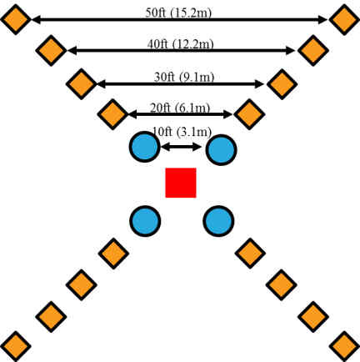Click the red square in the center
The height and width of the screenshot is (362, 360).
coord(180,183)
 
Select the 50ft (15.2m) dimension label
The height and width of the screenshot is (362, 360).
coord(180,13)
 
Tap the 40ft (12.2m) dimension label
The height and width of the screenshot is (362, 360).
coord(180,43)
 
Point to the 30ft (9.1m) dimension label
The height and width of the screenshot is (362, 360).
coord(180,77)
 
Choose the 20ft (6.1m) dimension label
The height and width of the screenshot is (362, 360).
coord(180,107)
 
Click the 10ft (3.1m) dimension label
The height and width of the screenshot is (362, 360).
coord(181,131)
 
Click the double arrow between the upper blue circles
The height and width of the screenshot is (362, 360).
coord(181,147)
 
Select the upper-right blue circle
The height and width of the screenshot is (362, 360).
coord(221,150)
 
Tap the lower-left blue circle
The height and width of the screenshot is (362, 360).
coord(145,221)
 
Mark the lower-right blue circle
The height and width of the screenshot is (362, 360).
coord(218,221)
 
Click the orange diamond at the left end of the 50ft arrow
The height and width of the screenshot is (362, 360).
coord(15,18)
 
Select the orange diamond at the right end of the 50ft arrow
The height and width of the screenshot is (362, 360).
coord(344,18)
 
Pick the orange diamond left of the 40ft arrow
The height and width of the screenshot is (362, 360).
coord(51,50)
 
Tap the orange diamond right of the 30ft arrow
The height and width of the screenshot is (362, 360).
coord(282,83)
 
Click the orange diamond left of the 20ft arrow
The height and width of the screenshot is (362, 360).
coord(112,113)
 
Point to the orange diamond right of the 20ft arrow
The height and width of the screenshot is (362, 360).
coord(248,113)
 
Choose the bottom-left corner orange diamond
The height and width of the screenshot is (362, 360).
coord(15,345)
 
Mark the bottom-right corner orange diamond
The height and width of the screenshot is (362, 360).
coord(344,345)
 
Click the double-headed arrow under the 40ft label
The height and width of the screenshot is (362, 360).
coord(181,51)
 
